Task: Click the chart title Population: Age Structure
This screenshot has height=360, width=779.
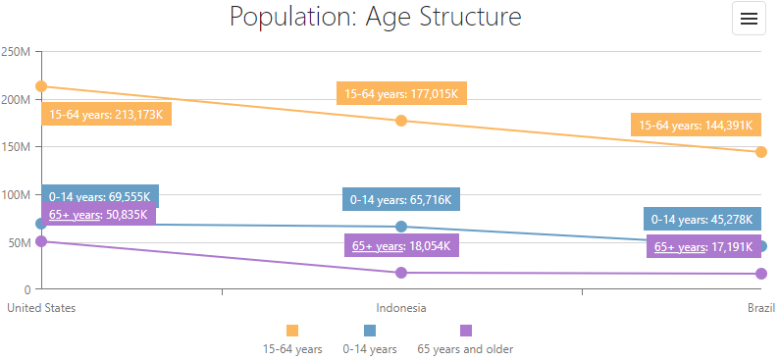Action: click(x=375, y=18)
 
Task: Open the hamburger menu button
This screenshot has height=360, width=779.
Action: click(x=749, y=20)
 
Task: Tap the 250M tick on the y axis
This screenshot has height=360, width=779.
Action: click(x=20, y=52)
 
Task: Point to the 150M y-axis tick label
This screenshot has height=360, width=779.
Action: click(x=20, y=147)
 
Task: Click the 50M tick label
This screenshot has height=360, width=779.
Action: click(x=22, y=242)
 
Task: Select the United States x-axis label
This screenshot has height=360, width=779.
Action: click(x=41, y=308)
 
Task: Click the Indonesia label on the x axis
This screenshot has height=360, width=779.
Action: click(x=401, y=308)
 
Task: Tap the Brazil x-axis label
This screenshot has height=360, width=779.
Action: click(x=760, y=308)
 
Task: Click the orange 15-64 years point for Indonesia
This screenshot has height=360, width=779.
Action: click(x=401, y=121)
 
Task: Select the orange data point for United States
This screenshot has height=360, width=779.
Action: click(x=41, y=86)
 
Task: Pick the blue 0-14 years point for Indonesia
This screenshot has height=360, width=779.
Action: click(x=401, y=227)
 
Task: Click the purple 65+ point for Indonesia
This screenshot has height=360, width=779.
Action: click(x=401, y=273)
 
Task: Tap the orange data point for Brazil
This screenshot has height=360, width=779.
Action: click(x=761, y=152)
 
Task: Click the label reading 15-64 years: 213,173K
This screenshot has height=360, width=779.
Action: click(x=107, y=115)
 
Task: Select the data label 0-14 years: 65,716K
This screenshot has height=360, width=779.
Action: click(x=401, y=200)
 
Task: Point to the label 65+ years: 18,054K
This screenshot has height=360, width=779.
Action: click(x=401, y=246)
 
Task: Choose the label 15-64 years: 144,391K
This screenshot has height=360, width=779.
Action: click(x=696, y=126)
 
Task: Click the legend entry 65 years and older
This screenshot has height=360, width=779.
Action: click(x=465, y=348)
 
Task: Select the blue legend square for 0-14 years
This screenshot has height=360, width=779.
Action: click(x=370, y=331)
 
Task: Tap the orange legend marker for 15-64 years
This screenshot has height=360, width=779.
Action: click(x=292, y=331)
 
